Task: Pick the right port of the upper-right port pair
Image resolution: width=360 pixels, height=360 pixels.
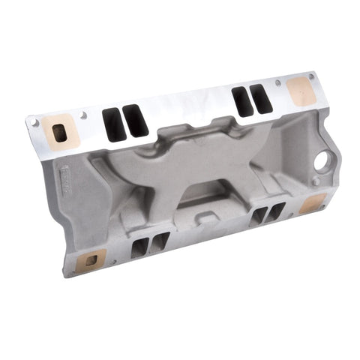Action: click(260, 98)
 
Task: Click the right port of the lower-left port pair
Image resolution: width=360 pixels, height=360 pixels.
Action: click(158, 243)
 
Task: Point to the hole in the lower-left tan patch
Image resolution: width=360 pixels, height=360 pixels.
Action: click(91, 261)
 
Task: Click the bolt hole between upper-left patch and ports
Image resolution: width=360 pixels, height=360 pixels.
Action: click(83, 115)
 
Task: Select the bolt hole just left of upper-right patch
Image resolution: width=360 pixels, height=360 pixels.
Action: click(277, 82)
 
